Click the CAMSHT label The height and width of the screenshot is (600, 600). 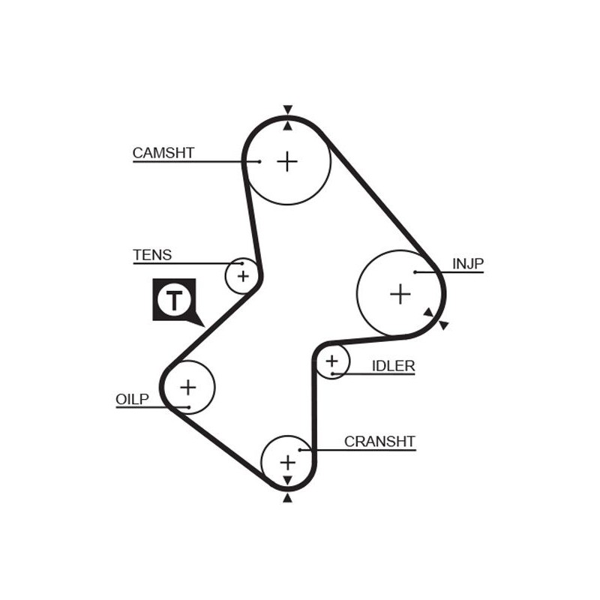click(163, 153)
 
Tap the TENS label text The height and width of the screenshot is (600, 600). click(152, 255)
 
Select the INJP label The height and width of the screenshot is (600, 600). click(468, 263)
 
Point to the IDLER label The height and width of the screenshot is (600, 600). click(393, 366)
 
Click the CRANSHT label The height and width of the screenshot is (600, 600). click(379, 441)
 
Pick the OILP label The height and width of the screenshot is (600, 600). click(133, 399)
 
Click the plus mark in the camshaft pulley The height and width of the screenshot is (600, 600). click(287, 161)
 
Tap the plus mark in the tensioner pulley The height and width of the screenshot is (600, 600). click(242, 277)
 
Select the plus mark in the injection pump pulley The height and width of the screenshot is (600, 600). click(400, 293)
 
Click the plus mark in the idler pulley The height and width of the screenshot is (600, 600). click(332, 363)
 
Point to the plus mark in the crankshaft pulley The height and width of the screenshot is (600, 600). click(288, 461)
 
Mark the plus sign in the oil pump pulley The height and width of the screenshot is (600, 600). click(187, 387)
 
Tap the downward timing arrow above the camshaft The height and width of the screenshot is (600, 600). click(287, 109)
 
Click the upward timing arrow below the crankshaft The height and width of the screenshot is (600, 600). click(286, 498)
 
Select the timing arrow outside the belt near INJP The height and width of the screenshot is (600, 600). click(444, 325)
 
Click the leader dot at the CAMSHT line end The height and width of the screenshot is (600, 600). click(259, 161)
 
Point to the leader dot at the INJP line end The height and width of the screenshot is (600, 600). click(415, 271)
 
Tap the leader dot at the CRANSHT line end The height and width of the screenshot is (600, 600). click(299, 450)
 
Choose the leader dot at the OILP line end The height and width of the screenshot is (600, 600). click(189, 407)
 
